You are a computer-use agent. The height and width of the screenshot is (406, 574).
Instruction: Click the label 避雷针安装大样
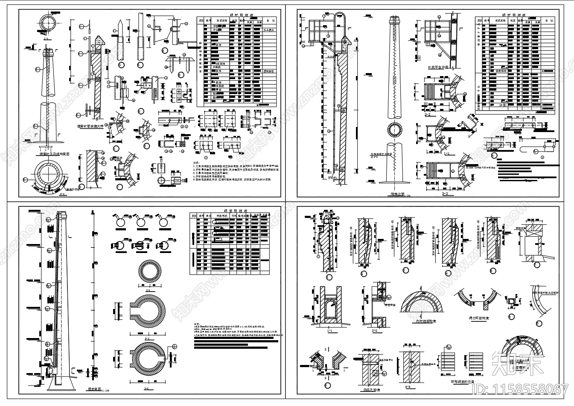click(90, 127)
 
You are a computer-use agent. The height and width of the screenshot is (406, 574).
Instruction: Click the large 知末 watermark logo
click(517, 364)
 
